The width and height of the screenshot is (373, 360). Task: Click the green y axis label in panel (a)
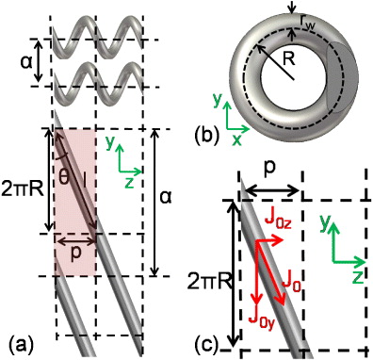tap(109, 145)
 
